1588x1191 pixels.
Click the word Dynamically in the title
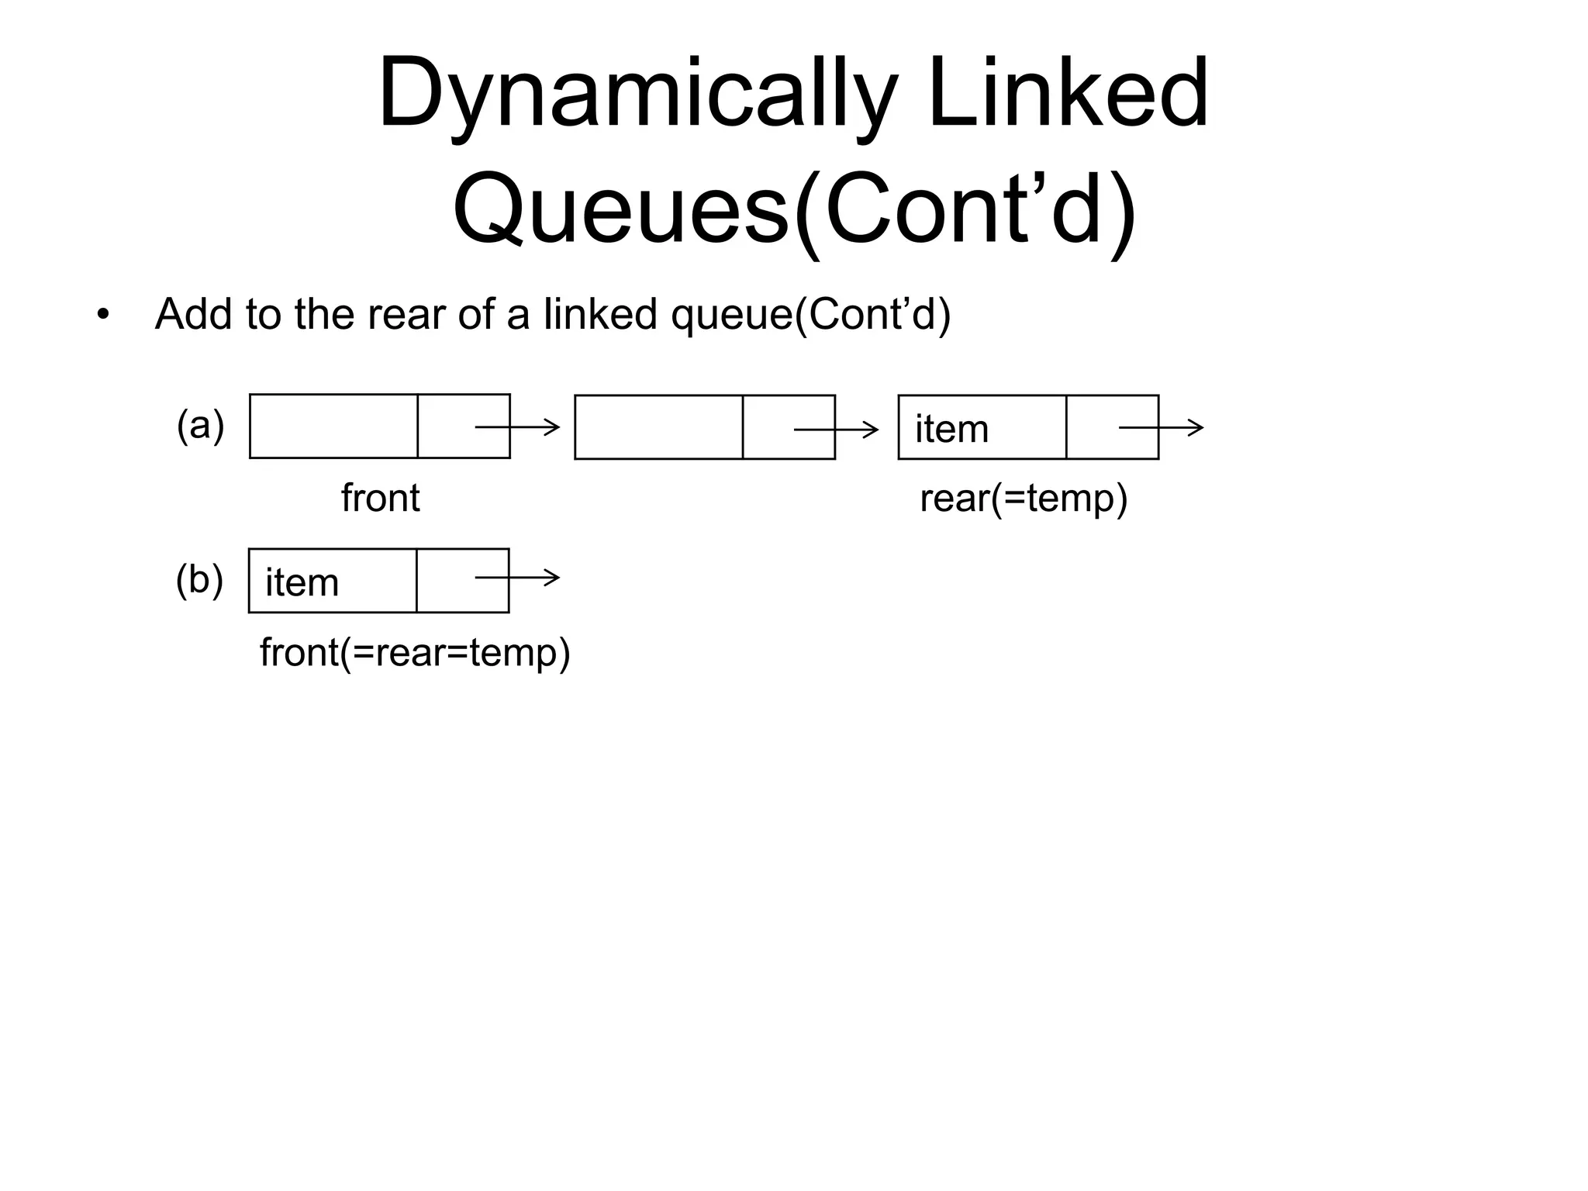click(x=636, y=95)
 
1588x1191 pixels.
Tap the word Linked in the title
click(x=1068, y=95)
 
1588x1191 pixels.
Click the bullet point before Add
click(x=103, y=316)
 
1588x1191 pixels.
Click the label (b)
click(x=199, y=579)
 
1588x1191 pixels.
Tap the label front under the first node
click(x=380, y=498)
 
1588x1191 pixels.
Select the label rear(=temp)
click(x=1024, y=498)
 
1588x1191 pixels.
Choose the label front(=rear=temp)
click(x=415, y=652)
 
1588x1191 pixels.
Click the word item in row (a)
click(x=951, y=429)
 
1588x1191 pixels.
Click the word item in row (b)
click(x=302, y=582)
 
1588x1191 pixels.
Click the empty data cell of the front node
click(x=333, y=426)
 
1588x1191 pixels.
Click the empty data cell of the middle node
click(x=658, y=427)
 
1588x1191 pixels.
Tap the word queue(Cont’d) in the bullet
click(x=810, y=316)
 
